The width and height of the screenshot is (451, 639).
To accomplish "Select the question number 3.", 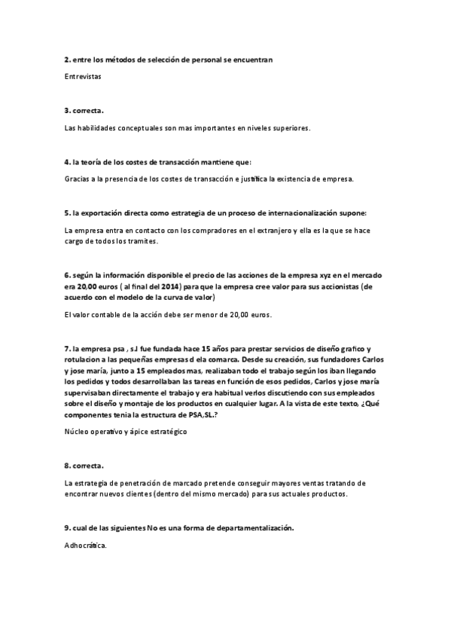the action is tap(66, 110).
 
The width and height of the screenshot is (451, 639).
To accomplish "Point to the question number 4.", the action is tap(66, 162).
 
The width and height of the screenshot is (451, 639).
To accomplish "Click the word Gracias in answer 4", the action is tap(79, 179).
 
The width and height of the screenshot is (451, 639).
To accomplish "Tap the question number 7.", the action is tap(66, 349).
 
